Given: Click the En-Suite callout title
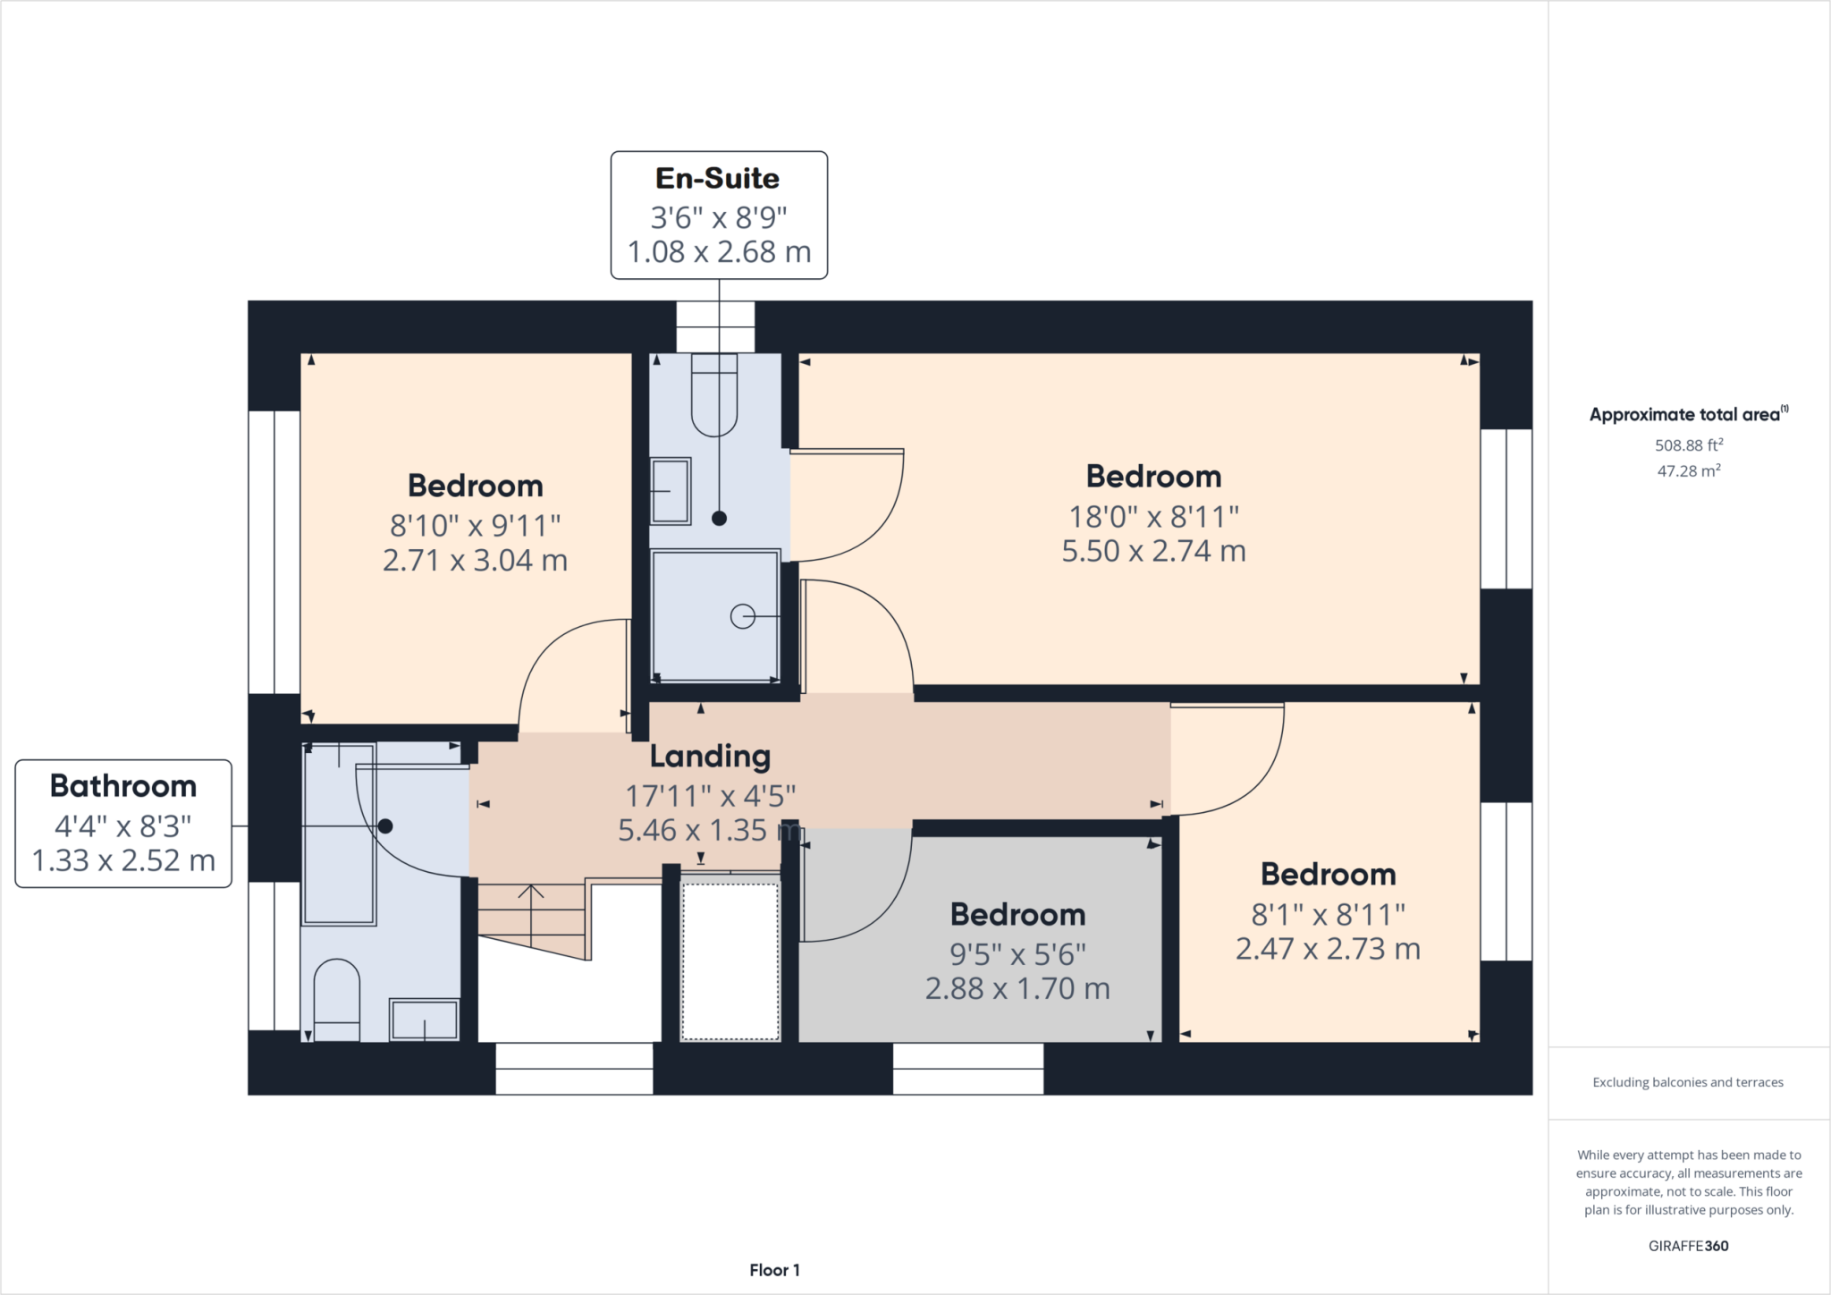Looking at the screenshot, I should coord(717,178).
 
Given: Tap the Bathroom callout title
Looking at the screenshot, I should coord(123,785).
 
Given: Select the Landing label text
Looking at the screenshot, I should coord(710,757).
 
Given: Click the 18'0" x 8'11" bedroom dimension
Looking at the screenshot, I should coord(1153,516).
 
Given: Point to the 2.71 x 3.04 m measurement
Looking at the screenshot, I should coord(475,561).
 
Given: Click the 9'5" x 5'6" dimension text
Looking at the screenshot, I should coord(1017,954).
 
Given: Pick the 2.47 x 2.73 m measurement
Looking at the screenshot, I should coord(1328,949).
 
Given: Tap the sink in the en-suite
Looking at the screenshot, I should coord(670,490).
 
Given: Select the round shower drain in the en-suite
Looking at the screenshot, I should coord(742,616).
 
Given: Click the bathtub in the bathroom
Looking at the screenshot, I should coord(339,834).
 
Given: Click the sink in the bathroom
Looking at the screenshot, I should coord(425,1020).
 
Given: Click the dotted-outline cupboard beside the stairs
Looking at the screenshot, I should coord(730,961).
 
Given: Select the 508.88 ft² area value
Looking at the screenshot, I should coord(1688,444).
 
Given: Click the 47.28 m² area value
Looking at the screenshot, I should coord(1688,470).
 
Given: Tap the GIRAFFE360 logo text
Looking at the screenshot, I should coord(1688,1246).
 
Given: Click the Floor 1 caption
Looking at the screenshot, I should coord(774,1270).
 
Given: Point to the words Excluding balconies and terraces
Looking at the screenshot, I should coord(1688,1082).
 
